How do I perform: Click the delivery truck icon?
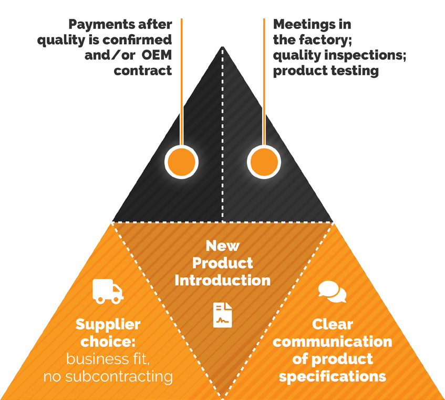[108, 292]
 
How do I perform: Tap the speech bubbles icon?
[333, 292]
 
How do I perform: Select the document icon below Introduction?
[223, 315]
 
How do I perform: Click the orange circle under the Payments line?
[181, 162]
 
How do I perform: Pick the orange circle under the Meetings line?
[264, 162]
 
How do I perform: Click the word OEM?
[157, 55]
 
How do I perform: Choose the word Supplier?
[108, 325]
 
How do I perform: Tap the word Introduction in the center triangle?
[223, 281]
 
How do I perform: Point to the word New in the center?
[223, 246]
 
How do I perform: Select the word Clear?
[333, 324]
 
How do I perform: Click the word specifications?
[333, 377]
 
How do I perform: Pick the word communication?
[333, 342]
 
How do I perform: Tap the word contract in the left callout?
[143, 71]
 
